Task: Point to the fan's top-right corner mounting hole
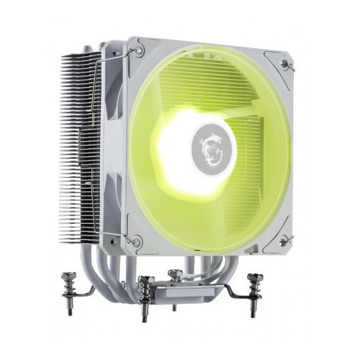(288, 64)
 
